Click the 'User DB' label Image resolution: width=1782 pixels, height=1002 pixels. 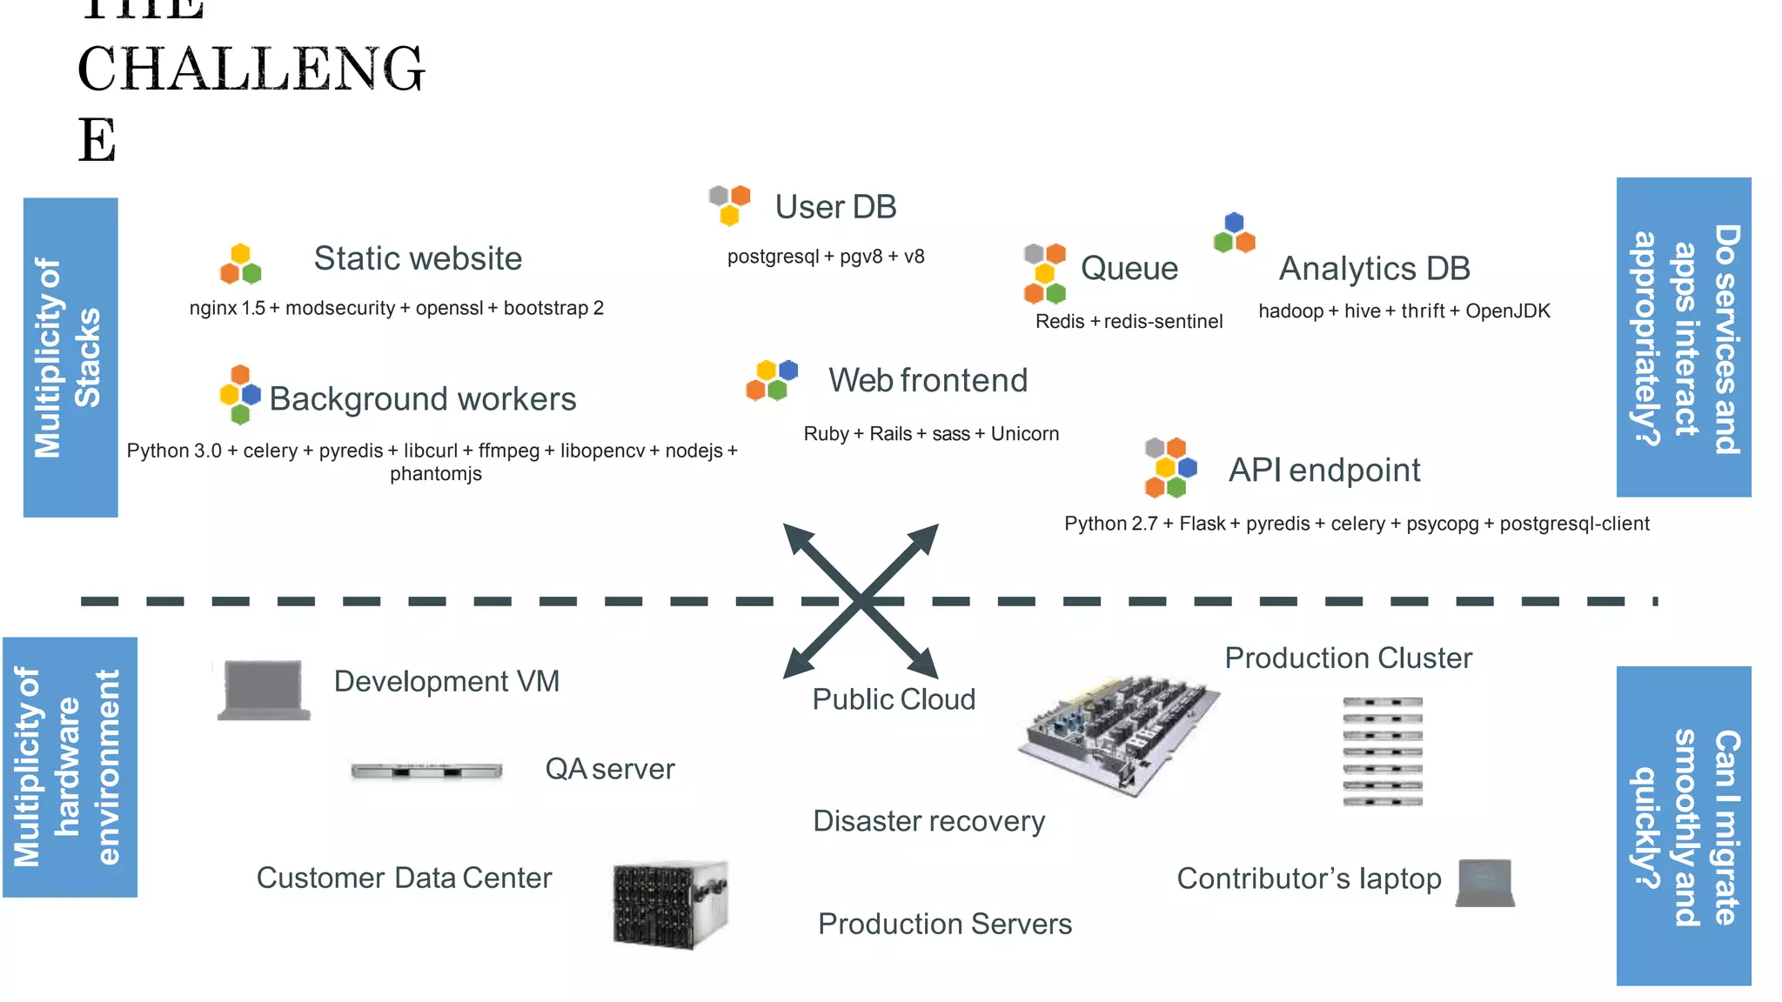coord(835,207)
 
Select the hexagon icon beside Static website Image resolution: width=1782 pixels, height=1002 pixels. coord(241,264)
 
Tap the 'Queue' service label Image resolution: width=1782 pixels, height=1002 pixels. coord(1129,268)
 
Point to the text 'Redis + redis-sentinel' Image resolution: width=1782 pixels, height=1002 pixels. coord(1129,321)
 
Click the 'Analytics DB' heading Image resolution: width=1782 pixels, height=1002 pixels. coord(1374,268)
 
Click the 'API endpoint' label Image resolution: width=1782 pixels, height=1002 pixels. coord(1323,470)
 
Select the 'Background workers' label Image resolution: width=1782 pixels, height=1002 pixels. coord(422,398)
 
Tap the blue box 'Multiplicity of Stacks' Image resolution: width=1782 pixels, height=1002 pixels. coord(70,357)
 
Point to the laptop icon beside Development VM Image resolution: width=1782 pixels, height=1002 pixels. coord(264,690)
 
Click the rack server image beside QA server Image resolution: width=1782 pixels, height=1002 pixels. coord(426,771)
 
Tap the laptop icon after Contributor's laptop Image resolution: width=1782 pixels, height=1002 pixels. coord(1485,882)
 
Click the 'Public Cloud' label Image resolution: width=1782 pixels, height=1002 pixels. coord(894,699)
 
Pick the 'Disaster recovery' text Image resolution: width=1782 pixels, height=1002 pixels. coord(928,821)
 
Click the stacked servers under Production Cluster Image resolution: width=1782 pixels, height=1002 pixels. coord(1382,751)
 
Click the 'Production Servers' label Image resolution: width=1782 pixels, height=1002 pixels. coord(944,924)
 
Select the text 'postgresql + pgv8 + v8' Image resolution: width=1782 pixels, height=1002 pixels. coord(826,257)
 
